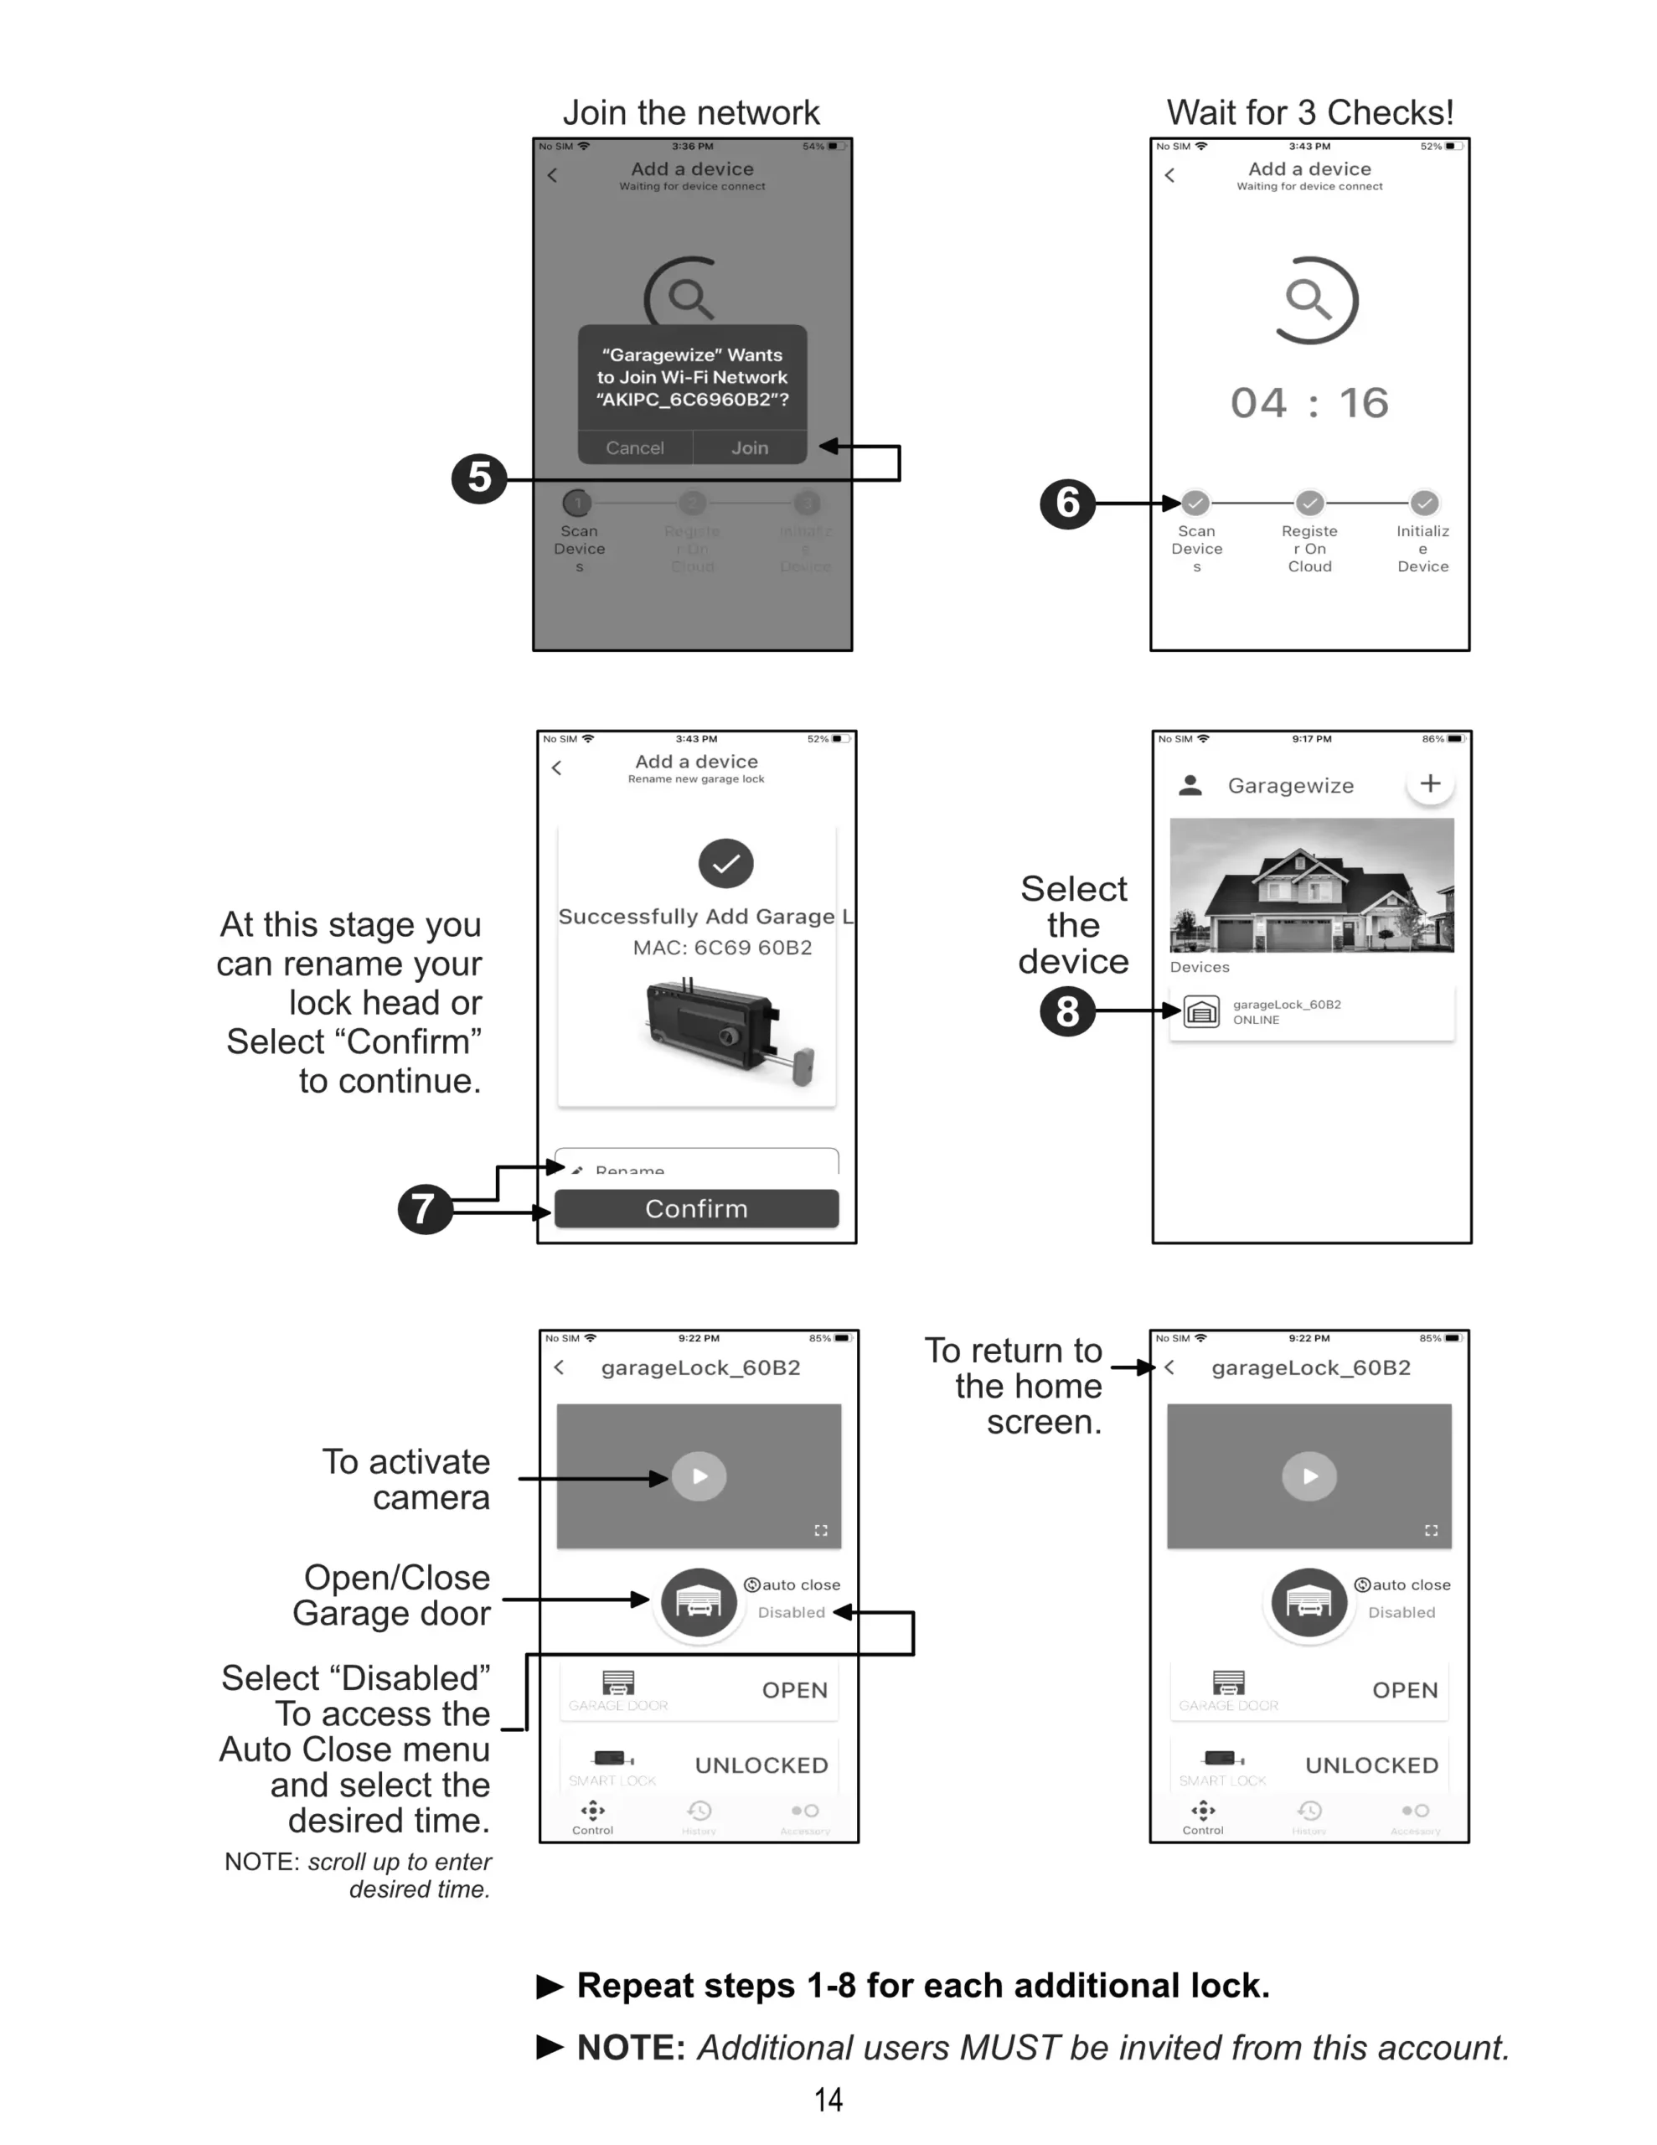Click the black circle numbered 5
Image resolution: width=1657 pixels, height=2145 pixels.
point(478,478)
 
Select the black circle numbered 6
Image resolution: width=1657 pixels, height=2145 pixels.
point(1066,503)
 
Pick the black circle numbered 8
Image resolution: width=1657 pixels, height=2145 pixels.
point(1066,1011)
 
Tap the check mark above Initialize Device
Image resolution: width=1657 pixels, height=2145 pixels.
point(1423,503)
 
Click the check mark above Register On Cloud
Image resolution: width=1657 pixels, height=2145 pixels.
point(1309,503)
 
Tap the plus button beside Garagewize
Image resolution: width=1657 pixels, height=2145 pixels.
point(1430,783)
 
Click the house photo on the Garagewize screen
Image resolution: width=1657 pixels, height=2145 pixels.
point(1311,885)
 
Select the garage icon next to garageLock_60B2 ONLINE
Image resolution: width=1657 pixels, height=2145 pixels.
point(1201,1011)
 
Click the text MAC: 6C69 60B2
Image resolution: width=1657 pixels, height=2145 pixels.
point(722,948)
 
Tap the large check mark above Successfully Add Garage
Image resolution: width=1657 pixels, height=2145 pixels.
point(725,863)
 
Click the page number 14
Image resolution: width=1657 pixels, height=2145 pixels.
point(828,2100)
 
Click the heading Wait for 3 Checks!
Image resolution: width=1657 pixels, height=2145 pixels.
point(1309,113)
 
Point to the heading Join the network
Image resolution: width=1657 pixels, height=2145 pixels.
point(690,113)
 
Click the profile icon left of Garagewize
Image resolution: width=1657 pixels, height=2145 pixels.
point(1190,785)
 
